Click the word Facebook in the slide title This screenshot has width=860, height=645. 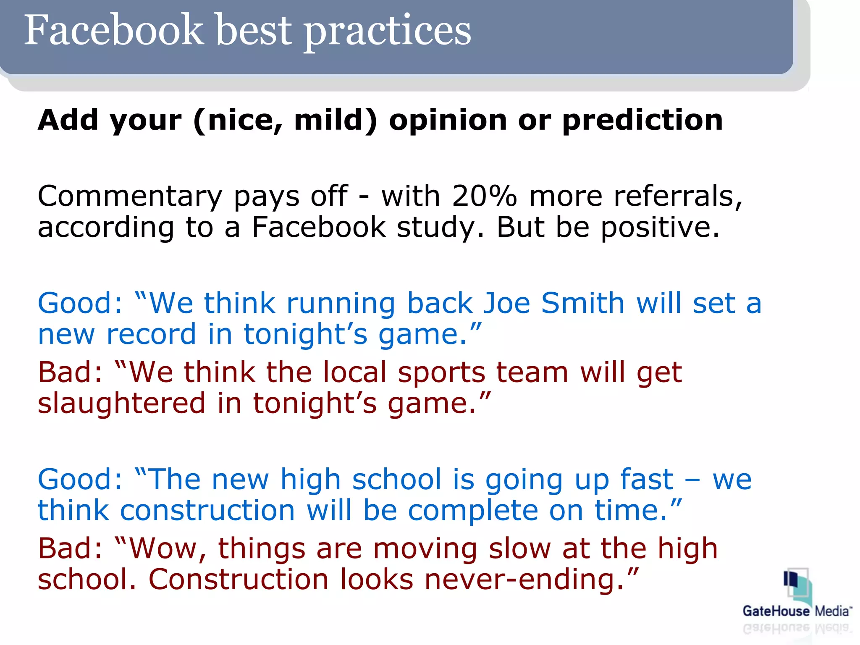(x=113, y=30)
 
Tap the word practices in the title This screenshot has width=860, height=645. (x=387, y=32)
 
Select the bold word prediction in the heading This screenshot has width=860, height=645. (x=642, y=121)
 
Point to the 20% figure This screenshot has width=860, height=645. (x=484, y=196)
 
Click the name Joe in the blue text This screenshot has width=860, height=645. (x=507, y=303)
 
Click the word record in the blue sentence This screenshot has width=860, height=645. (x=151, y=335)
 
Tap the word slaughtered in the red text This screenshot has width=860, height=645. (x=122, y=404)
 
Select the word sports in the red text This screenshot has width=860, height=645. (x=441, y=373)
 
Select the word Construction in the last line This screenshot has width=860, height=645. (x=239, y=580)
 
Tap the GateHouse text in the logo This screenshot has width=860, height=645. (x=776, y=611)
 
